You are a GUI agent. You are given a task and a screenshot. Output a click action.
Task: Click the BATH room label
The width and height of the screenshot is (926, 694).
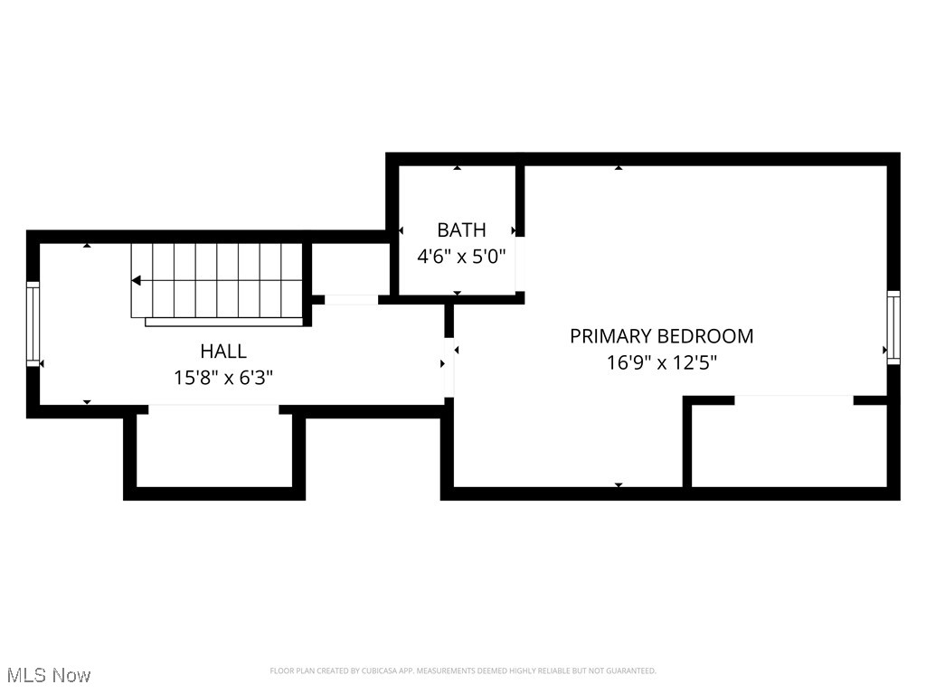461,230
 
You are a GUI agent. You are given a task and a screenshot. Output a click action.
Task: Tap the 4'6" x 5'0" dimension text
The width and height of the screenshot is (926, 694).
460,256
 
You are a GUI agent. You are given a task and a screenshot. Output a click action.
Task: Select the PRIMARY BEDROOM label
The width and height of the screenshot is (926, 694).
661,336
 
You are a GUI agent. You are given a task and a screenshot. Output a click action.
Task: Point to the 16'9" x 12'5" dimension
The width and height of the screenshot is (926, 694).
662,363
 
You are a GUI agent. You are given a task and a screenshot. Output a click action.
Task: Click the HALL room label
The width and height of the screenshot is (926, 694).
223,351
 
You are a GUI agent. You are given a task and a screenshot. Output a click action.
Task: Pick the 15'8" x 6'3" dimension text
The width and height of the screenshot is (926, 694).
223,377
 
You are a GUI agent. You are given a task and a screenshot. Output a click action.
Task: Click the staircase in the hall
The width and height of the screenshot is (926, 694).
217,280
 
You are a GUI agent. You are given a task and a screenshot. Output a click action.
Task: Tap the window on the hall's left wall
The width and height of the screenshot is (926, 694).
33,324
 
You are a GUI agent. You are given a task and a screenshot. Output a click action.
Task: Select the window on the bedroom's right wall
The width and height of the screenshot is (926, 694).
893,327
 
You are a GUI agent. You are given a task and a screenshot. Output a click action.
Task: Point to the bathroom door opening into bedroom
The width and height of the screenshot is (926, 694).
520,264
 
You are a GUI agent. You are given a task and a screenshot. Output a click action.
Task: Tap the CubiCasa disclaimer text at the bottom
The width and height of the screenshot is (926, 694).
463,671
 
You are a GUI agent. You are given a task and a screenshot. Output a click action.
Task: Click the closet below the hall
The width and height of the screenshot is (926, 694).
214,449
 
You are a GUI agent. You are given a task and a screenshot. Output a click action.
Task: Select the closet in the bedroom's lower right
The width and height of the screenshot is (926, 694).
789,445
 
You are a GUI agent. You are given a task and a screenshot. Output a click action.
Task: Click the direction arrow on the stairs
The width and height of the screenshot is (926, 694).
137,280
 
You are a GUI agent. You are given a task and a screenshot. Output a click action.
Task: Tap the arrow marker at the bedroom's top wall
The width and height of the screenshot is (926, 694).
619,167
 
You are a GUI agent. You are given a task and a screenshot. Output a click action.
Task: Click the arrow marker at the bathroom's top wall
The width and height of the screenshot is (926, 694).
458,167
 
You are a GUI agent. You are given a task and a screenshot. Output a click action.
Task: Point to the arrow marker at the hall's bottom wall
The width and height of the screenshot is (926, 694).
87,402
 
